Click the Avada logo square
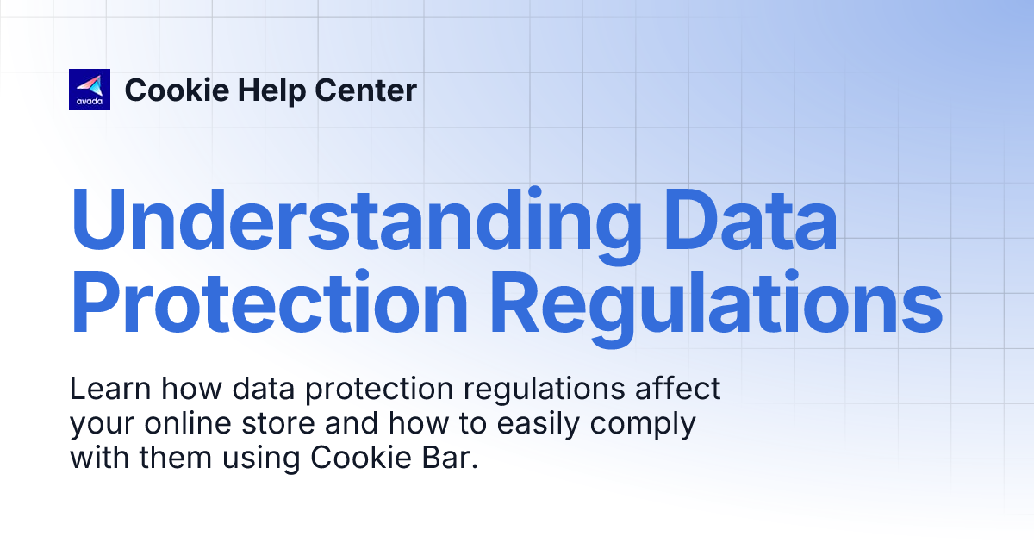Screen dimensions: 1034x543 tap(90, 90)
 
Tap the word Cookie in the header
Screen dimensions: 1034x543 tap(178, 90)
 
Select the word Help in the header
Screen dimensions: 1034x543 tap(272, 91)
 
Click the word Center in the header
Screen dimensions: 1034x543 tap(366, 90)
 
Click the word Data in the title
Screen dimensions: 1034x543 tap(751, 219)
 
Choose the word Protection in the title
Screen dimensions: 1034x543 tap(270, 301)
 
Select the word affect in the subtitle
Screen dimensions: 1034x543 tap(677, 388)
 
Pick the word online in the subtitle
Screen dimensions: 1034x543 tap(188, 423)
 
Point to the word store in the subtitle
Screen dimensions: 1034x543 tap(278, 424)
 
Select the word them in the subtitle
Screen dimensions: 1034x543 tap(176, 458)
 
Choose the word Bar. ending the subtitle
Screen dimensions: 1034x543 tap(450, 458)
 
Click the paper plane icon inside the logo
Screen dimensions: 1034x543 tap(90, 85)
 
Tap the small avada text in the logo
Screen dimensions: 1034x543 tap(90, 102)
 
